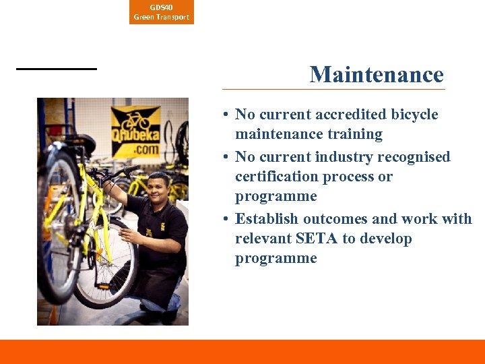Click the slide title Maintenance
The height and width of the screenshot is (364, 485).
(x=377, y=74)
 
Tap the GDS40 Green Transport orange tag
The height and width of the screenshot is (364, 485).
(x=162, y=12)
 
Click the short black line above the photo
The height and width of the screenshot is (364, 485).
(x=57, y=69)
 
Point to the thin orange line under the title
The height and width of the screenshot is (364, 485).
(x=333, y=89)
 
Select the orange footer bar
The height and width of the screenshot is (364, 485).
(x=243, y=351)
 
